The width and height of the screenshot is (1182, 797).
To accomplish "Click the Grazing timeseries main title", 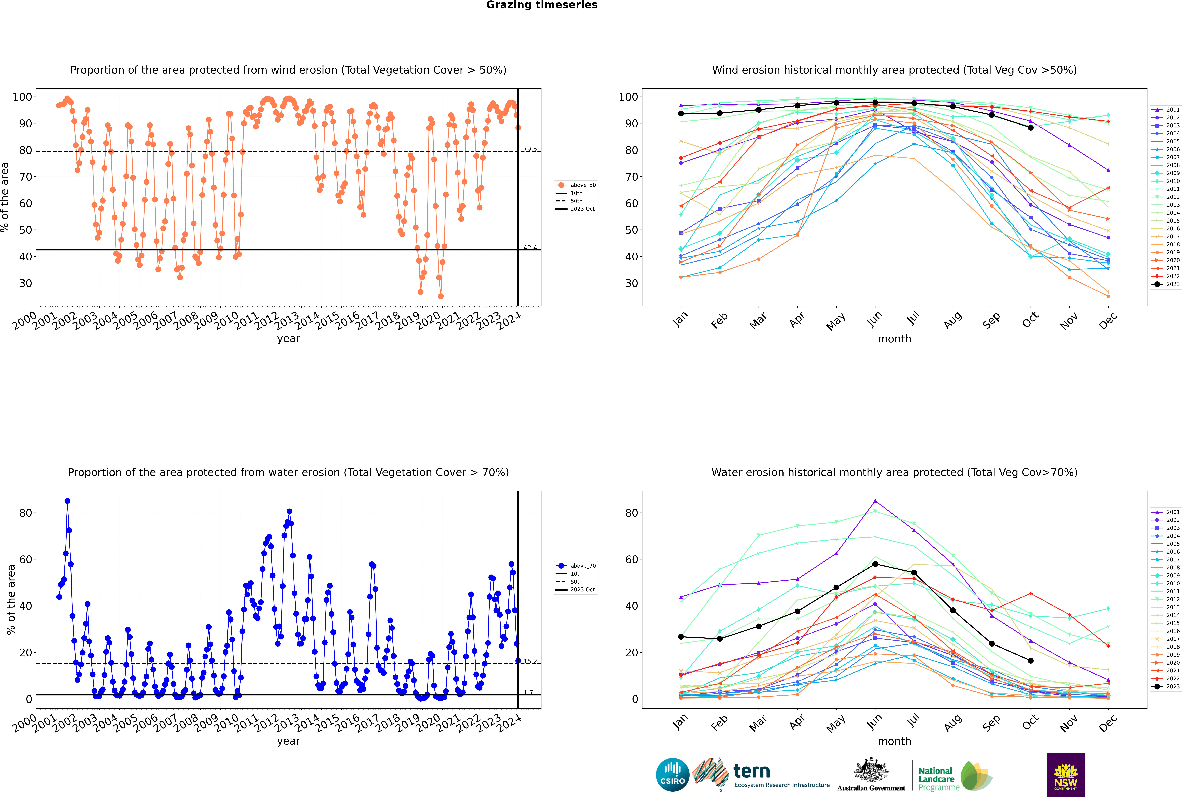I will click(542, 5).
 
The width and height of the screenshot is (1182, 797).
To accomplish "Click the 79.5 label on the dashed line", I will click(530, 149).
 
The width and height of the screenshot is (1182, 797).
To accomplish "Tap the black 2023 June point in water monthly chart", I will click(875, 564).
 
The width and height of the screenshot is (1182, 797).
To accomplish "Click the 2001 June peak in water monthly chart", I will click(875, 501).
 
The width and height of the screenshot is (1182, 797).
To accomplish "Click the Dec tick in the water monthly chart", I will click(1108, 722).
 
